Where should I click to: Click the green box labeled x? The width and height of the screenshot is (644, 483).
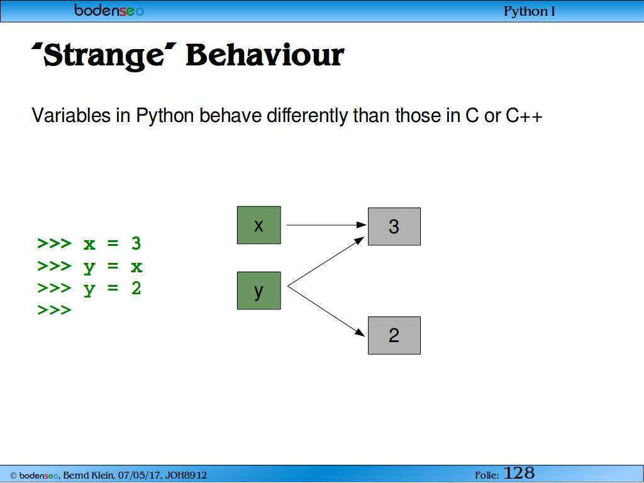[258, 225]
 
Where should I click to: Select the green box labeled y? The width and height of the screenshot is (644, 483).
[258, 291]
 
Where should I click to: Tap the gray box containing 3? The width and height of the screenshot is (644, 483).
[394, 226]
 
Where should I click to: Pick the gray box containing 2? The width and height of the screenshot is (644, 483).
[394, 335]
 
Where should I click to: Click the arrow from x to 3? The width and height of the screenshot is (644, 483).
[326, 225]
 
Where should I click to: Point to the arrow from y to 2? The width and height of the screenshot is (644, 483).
[326, 311]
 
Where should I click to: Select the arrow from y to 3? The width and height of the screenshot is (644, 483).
[326, 261]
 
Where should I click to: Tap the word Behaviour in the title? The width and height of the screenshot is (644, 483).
[265, 54]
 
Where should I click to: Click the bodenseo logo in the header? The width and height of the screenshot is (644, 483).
[109, 10]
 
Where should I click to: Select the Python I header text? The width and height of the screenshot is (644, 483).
[530, 11]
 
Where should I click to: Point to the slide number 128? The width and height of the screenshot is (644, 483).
[519, 473]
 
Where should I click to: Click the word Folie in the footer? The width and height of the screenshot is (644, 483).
[487, 475]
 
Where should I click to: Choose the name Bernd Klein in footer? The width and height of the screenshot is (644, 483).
[88, 475]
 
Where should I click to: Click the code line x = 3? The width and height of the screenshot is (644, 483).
[112, 243]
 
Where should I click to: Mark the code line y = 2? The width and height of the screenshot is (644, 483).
[112, 289]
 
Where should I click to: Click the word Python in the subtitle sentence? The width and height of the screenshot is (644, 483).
[165, 116]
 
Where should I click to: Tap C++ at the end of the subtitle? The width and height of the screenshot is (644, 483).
[524, 116]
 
